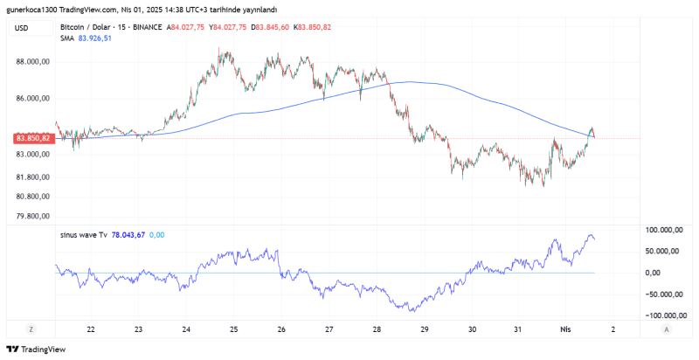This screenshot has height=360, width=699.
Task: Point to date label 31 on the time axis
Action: (x=518, y=329)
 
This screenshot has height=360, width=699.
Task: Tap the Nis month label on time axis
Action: (x=565, y=329)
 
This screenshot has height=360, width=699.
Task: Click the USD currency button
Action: (x=22, y=28)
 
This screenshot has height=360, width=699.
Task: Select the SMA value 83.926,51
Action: (x=94, y=38)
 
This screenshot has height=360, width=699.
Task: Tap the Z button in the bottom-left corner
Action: (x=31, y=329)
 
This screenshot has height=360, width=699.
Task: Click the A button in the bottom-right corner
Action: (x=667, y=329)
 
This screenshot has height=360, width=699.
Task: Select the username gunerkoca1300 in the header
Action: (x=35, y=9)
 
